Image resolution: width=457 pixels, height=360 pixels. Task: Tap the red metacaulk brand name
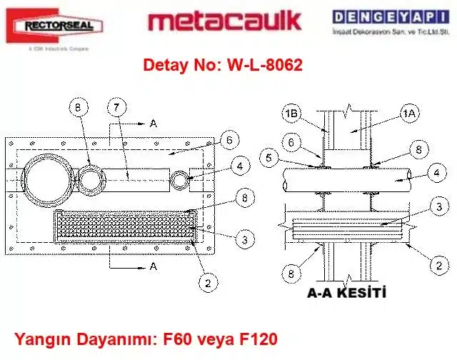tap(224, 21)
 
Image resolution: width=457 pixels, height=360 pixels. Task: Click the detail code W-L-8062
tap(263, 66)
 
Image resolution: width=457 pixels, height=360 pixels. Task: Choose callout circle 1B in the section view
tap(290, 113)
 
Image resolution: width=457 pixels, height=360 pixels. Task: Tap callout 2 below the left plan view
tap(206, 282)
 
